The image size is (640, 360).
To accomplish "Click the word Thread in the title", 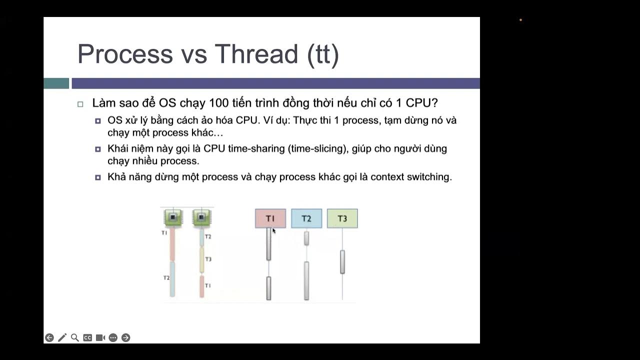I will click(256, 53).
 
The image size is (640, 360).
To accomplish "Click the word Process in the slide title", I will click(125, 53).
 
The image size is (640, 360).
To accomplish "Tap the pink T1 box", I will click(270, 218).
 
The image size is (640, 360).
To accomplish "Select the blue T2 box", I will click(306, 218).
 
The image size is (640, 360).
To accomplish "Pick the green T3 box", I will click(342, 218).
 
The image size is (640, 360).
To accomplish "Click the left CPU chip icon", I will click(173, 217).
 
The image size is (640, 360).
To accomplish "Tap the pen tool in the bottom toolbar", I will click(62, 337).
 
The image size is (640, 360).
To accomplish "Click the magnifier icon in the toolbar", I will click(75, 337).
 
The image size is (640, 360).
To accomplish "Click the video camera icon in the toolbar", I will click(100, 337).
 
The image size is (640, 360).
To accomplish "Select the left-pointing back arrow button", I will click(49, 337).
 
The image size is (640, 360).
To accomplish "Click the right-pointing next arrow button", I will click(126, 337).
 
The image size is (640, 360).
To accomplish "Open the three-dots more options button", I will click(113, 337).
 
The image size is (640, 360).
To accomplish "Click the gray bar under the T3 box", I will click(342, 261).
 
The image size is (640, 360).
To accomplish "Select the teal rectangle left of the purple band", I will click(56, 83).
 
